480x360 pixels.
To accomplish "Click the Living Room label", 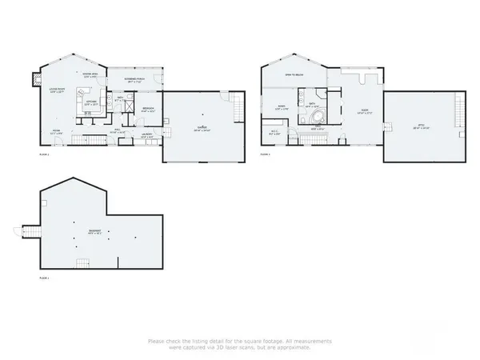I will click(x=57, y=90).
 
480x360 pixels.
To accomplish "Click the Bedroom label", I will click(x=148, y=110).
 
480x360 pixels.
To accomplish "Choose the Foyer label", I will click(x=57, y=130).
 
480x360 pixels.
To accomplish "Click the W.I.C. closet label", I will click(x=274, y=134).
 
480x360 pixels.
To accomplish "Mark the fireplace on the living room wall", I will click(x=34, y=79).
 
